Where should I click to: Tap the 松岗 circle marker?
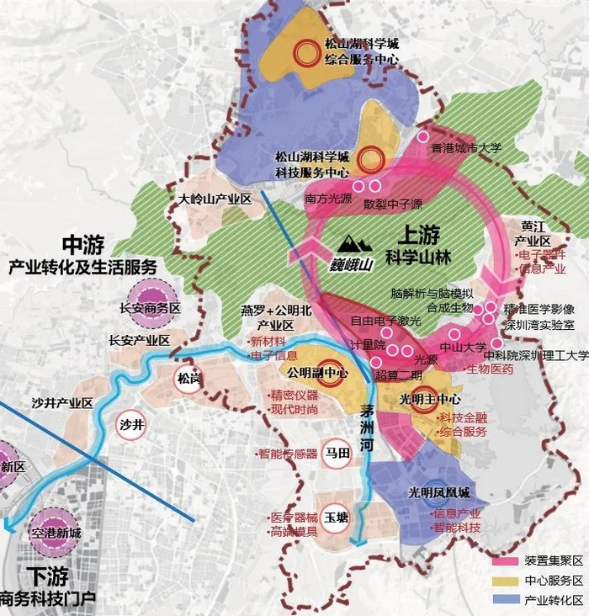coord(188,379)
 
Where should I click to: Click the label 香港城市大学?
coord(465,148)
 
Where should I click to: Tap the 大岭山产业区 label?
coord(215,199)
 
